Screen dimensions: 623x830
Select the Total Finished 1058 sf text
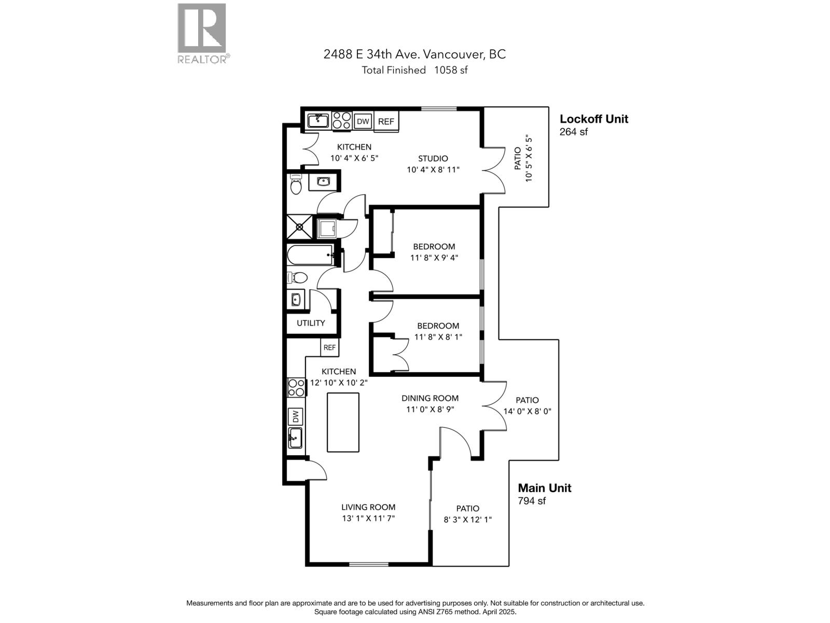coord(414,70)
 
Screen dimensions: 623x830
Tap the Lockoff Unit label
coord(594,119)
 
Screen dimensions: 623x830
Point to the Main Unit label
coord(545,488)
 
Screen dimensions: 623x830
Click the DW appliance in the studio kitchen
coord(363,121)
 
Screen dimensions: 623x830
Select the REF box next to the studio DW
coord(386,121)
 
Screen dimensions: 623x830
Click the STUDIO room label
coord(433,158)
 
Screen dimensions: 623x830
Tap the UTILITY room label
coord(311,323)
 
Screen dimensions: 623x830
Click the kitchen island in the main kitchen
coord(343,422)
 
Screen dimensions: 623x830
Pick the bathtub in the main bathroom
coord(310,255)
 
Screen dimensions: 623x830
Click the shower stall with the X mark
coord(300,227)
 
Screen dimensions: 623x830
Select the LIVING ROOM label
coord(368,507)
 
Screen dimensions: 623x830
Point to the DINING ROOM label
coord(430,398)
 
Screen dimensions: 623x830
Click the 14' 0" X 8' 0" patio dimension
coord(527,411)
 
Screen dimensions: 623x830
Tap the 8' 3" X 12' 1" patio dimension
coord(467,519)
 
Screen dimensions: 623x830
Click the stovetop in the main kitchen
coord(296,387)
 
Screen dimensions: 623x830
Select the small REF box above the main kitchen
coord(329,347)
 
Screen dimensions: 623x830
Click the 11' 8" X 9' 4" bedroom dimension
coord(434,258)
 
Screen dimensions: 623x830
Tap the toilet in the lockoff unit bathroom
coord(296,185)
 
